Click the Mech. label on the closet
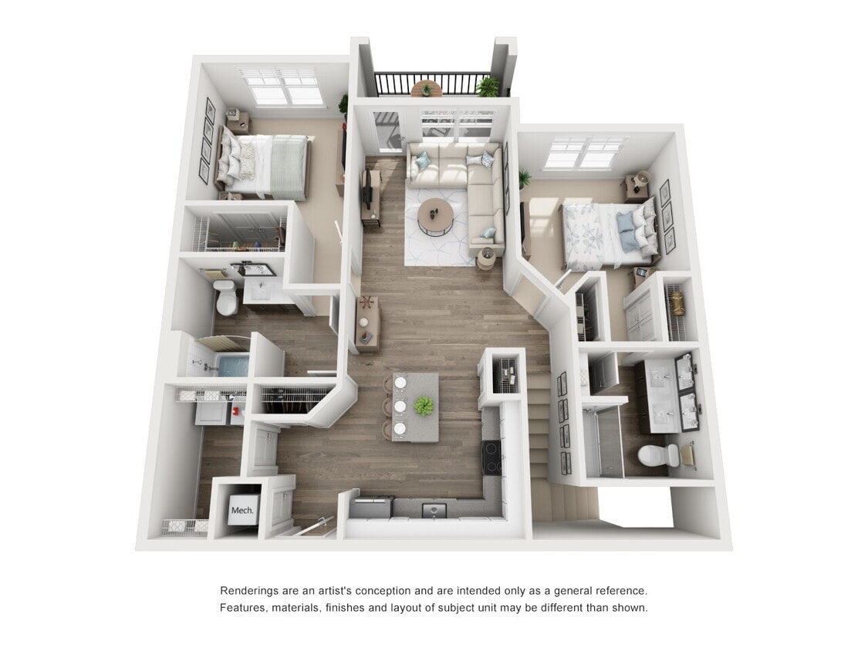239,510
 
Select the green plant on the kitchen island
423,406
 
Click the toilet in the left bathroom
226,298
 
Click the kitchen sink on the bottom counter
433,510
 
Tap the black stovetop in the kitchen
491,457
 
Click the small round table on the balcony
426,89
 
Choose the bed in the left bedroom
263,164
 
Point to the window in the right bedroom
586,153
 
